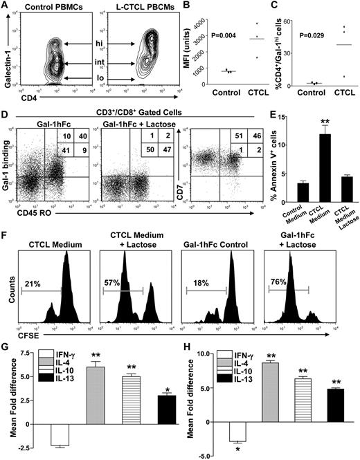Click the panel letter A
tap(6, 6)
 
